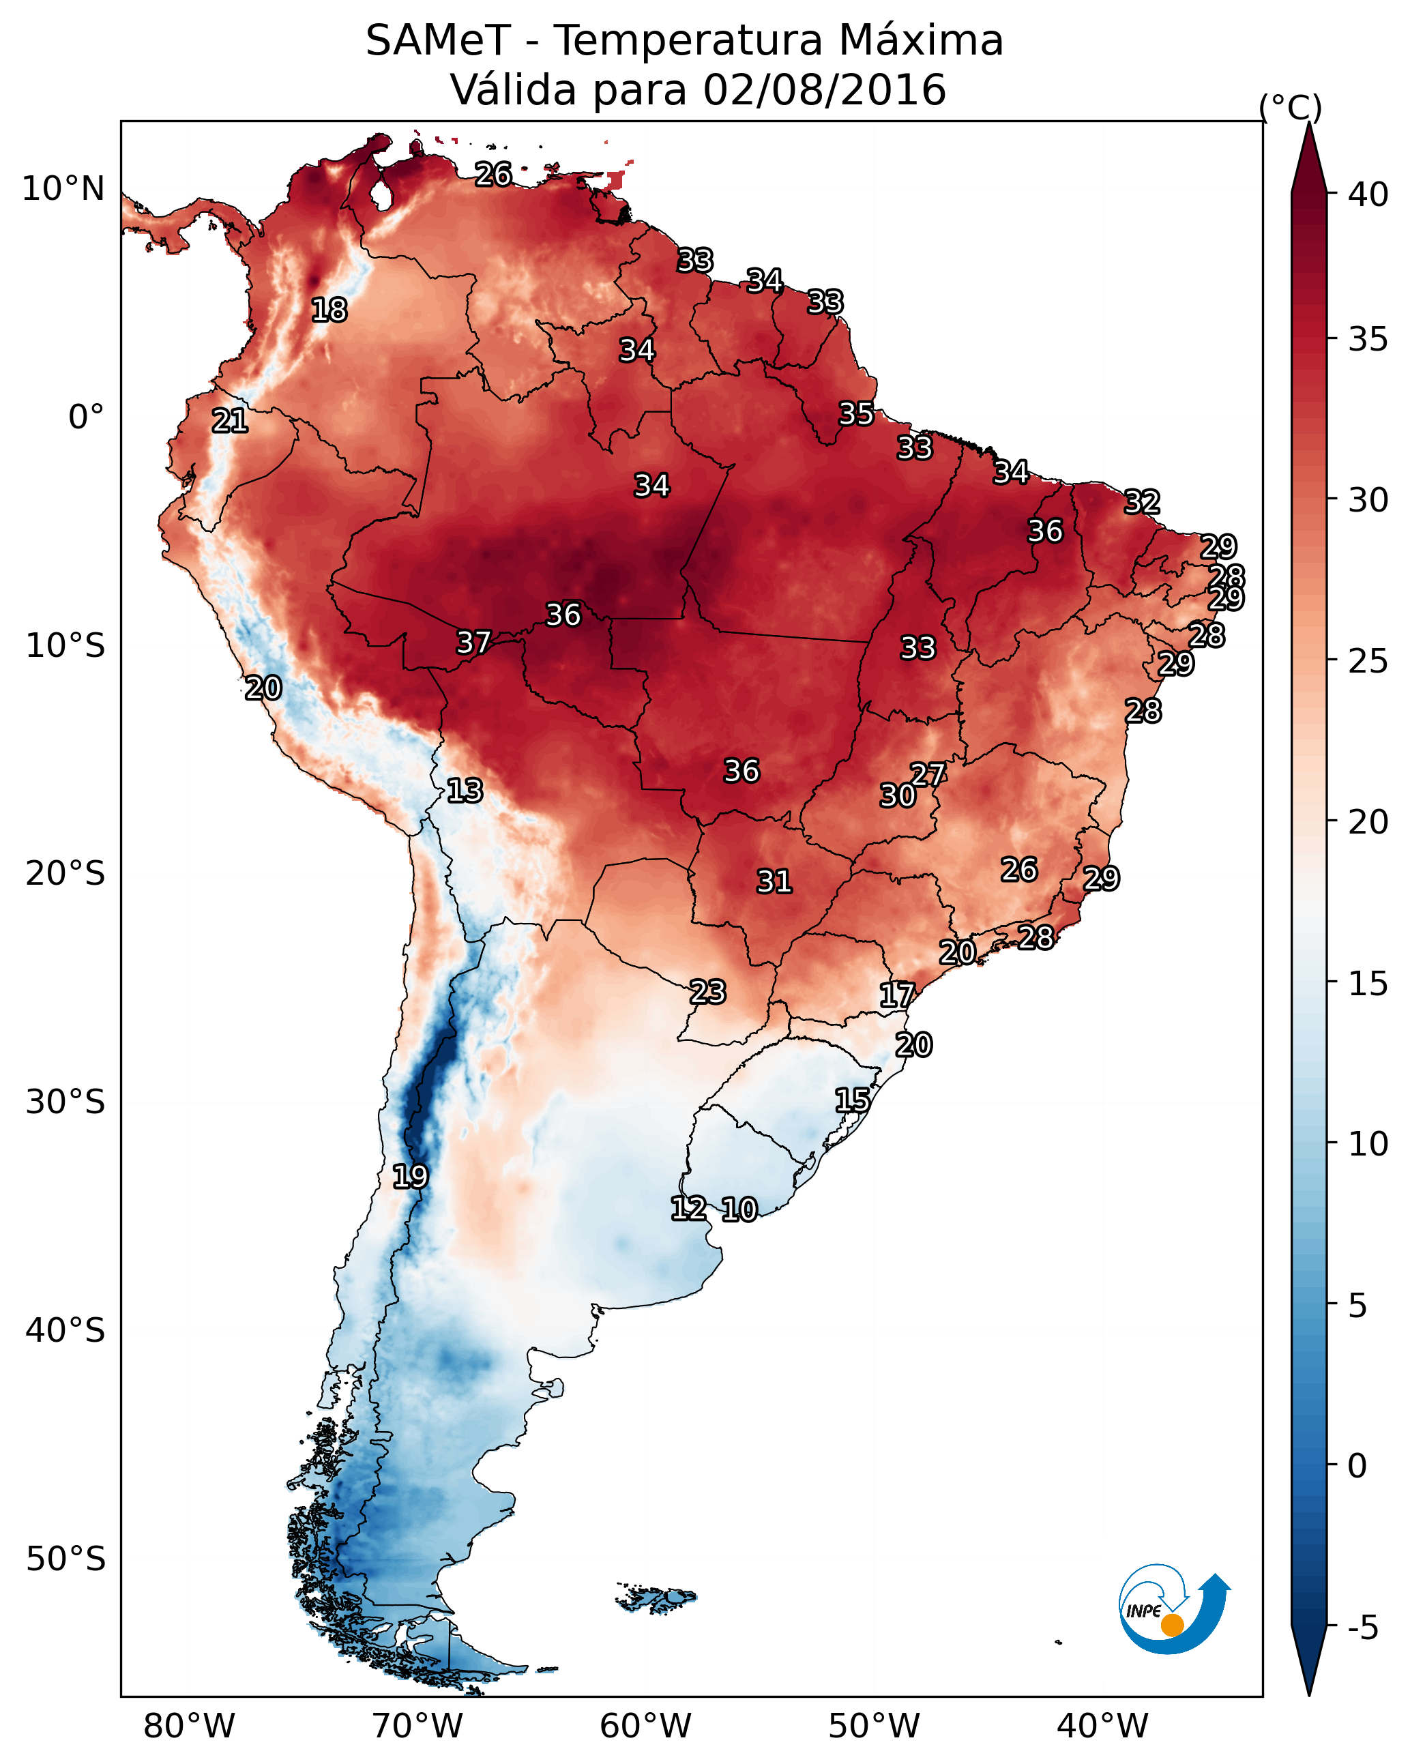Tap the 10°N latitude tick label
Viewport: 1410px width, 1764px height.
tap(63, 189)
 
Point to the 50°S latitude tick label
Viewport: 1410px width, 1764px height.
tap(65, 1559)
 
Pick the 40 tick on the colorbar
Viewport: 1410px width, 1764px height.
tap(1368, 194)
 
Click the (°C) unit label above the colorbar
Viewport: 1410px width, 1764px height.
tap(1290, 107)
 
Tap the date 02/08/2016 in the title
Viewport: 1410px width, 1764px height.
tap(824, 90)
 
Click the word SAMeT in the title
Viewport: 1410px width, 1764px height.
tap(438, 41)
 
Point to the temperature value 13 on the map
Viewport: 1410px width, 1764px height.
tap(465, 791)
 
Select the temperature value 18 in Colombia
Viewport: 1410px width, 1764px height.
tap(329, 310)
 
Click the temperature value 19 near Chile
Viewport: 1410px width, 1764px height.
tap(410, 1177)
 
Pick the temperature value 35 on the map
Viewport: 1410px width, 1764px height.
tap(856, 413)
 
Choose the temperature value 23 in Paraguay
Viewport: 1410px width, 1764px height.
tap(707, 992)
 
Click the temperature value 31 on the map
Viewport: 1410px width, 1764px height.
tap(774, 881)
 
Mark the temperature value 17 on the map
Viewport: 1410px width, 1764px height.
tap(897, 995)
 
